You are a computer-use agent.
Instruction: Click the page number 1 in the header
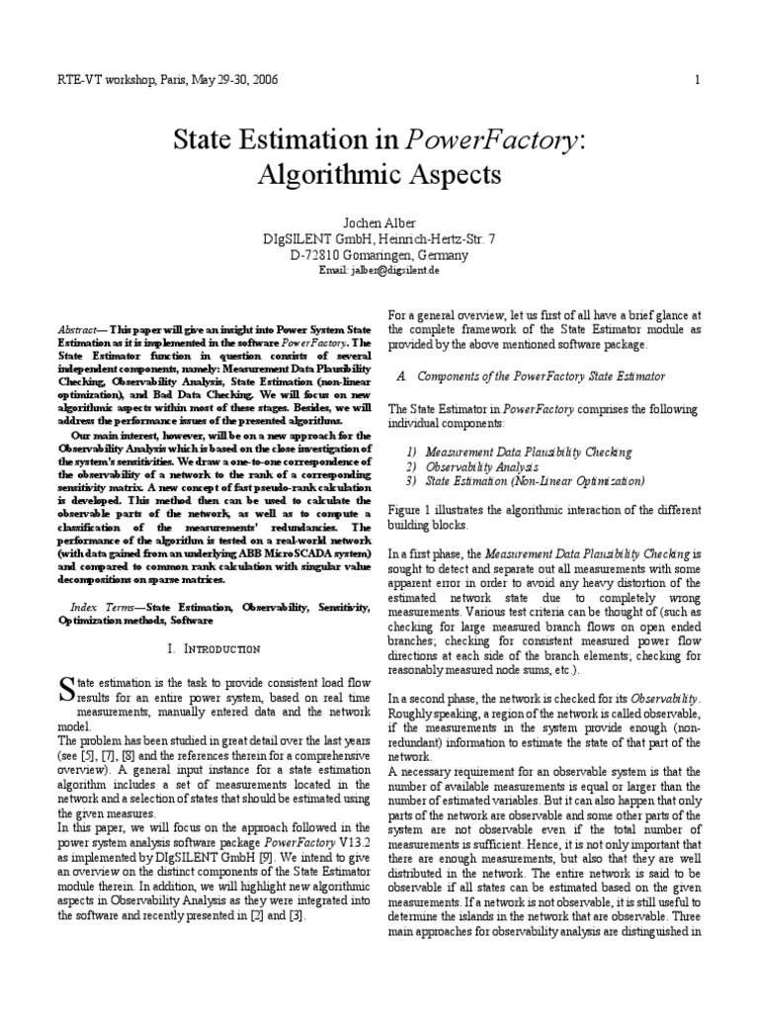(697, 80)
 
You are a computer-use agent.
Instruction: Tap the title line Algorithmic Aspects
(379, 175)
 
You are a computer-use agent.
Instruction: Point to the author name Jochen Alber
(379, 223)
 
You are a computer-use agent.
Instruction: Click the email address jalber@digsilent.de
(379, 270)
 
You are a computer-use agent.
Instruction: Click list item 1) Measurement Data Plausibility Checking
(518, 452)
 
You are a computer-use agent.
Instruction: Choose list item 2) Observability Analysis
(470, 466)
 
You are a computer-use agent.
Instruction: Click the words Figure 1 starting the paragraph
(414, 511)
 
